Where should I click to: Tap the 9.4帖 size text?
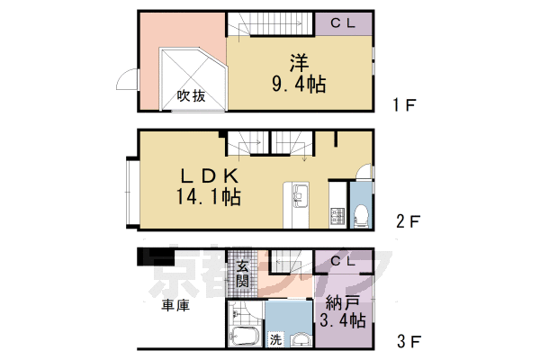(x=298, y=85)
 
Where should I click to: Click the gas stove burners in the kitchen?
(x=337, y=216)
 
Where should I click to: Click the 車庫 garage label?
(x=175, y=306)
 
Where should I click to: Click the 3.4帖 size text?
(x=342, y=320)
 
